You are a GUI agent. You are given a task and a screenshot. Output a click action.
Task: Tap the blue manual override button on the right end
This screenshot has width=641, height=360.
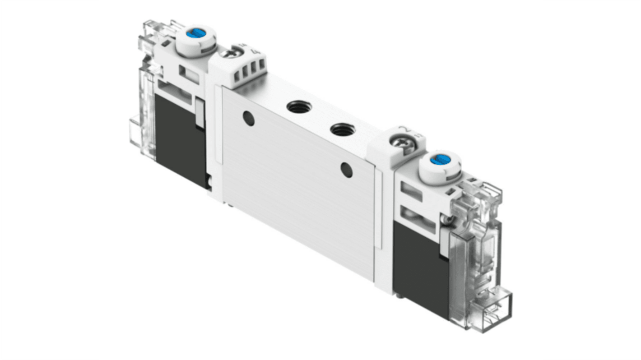tap(436, 160)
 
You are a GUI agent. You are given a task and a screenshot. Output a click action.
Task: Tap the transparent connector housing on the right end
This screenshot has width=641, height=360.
tap(478, 253)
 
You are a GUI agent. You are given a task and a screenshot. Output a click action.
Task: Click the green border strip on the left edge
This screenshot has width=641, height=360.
tap(50, 180)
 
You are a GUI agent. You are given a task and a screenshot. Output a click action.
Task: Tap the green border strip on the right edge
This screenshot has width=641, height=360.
tap(591, 180)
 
